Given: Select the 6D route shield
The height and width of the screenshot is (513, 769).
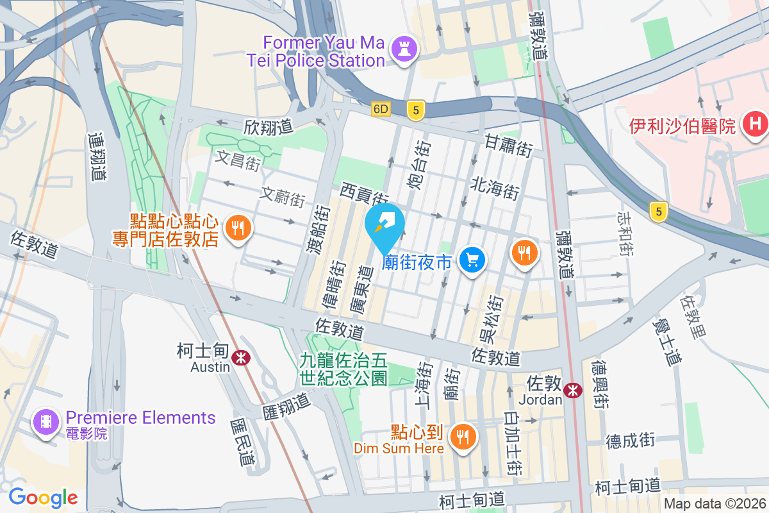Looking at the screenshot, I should click(381, 110).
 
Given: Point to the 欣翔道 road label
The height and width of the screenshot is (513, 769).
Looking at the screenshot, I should click(268, 127).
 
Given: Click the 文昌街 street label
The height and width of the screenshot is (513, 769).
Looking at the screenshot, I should click(238, 160).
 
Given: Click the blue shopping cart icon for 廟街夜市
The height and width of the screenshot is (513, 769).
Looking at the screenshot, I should click(473, 260).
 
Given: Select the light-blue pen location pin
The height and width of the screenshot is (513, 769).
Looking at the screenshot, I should click(384, 224).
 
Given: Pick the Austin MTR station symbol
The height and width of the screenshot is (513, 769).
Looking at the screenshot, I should click(241, 357).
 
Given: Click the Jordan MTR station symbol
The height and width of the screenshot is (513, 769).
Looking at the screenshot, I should click(573, 389).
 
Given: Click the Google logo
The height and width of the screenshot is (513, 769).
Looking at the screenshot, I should click(43, 497).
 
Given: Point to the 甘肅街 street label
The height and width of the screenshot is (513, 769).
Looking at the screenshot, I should click(509, 146).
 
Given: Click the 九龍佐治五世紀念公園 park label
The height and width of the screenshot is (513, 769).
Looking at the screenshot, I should click(343, 369).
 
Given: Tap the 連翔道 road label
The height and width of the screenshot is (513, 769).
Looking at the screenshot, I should click(96, 156).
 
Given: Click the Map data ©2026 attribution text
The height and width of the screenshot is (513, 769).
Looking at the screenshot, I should click(714, 504).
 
